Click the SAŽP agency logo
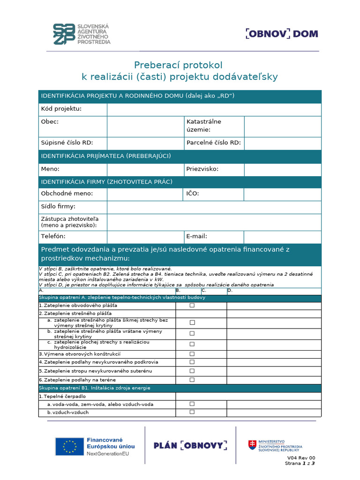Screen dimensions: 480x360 point(82,34)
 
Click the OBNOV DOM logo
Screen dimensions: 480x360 point(282,34)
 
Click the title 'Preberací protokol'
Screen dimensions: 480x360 point(178,65)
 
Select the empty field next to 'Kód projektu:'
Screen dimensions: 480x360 point(214,109)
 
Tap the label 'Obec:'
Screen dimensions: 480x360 point(49,121)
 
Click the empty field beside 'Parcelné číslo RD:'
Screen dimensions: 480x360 point(283,143)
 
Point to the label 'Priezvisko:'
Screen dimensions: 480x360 point(202,169)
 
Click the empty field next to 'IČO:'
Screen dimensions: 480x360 point(283,193)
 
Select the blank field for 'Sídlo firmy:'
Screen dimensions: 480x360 point(214,207)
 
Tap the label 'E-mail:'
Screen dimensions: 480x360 point(196,237)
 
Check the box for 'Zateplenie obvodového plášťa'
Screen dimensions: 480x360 point(192,306)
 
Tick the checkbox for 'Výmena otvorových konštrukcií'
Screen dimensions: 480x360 point(192,354)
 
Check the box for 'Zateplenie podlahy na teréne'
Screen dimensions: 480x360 point(192,380)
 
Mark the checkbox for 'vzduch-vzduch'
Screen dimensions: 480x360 point(192,412)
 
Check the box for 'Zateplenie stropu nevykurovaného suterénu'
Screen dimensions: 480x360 point(192,371)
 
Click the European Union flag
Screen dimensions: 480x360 point(70,447)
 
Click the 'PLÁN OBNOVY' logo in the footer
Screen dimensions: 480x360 point(190,445)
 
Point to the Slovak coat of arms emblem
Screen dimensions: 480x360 point(252,445)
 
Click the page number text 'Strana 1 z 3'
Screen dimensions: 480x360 point(300,464)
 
